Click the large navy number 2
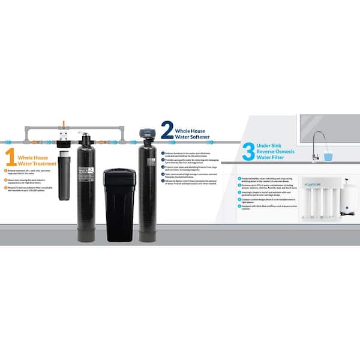coord(167,130)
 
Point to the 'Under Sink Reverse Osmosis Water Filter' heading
coord(278,150)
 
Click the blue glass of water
coord(328,157)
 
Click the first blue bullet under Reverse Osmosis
coord(239,178)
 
